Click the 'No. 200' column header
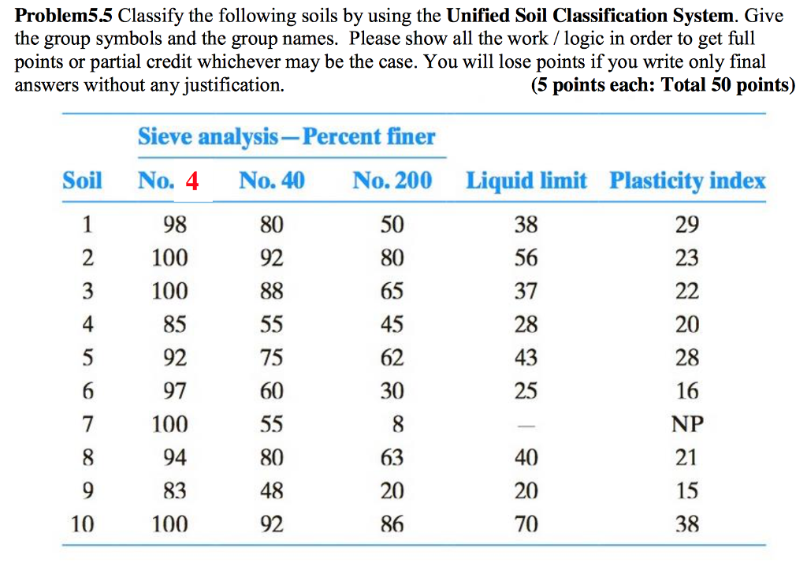(392, 181)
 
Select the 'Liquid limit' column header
(526, 181)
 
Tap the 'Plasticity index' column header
(686, 181)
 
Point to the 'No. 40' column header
(271, 181)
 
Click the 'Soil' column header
(82, 181)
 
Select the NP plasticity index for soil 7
(686, 425)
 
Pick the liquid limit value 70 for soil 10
(526, 524)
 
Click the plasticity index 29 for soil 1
(686, 225)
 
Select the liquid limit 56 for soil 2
(526, 259)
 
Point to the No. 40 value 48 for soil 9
(271, 491)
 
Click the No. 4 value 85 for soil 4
(174, 325)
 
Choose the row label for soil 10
(83, 524)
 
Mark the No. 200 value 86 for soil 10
(392, 524)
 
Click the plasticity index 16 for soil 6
(686, 391)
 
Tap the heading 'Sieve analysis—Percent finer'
(286, 137)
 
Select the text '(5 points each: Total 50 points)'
(663, 85)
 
